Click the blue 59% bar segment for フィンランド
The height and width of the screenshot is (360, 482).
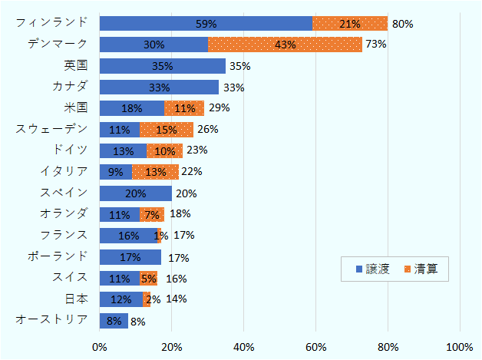coord(206,24)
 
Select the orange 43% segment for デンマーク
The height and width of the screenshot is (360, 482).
coord(285,45)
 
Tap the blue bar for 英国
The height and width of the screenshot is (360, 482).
coord(162,66)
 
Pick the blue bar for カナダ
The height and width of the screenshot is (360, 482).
coord(159,88)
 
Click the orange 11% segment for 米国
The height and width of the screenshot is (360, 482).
coord(184,108)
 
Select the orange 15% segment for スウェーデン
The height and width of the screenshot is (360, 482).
coord(166,129)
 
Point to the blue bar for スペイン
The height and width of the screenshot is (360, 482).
coord(135,193)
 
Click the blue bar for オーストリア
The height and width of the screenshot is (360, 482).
coord(114,321)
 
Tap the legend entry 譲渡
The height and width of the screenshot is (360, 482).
coord(371,269)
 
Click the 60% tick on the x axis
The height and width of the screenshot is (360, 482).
coord(316,347)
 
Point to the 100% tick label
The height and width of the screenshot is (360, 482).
coord(460,347)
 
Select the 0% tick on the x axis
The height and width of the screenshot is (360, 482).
coord(100,347)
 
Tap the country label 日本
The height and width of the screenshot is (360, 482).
coord(77,298)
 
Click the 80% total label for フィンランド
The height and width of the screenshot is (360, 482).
coord(402,24)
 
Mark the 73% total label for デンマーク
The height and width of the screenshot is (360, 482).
coord(375,45)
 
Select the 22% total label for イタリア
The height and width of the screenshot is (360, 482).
coord(191,171)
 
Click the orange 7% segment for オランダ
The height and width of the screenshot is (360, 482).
coord(151,214)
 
